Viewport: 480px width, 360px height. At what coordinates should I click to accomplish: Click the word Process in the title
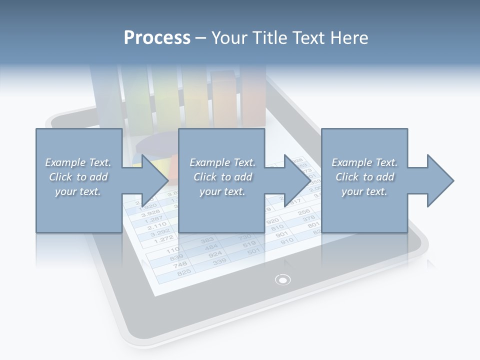pos(157,37)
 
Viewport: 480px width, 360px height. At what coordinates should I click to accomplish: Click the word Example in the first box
pos(64,162)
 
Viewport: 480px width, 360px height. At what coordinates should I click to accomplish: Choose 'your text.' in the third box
pos(364,191)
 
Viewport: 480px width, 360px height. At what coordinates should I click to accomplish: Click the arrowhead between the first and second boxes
pos(153,180)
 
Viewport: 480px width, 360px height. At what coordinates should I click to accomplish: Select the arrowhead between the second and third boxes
pos(295,180)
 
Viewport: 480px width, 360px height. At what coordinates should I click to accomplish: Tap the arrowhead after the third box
pos(438,180)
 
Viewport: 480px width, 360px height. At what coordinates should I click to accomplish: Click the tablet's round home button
pos(283,279)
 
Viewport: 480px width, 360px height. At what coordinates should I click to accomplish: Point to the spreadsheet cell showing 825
pos(184,272)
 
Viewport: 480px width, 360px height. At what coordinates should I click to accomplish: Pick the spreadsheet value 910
pos(287,241)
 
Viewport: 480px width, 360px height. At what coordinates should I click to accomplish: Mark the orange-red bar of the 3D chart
pos(253,97)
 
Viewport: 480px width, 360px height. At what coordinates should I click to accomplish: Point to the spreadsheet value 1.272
pos(163,239)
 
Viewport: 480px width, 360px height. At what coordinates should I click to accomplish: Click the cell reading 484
pos(211,247)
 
